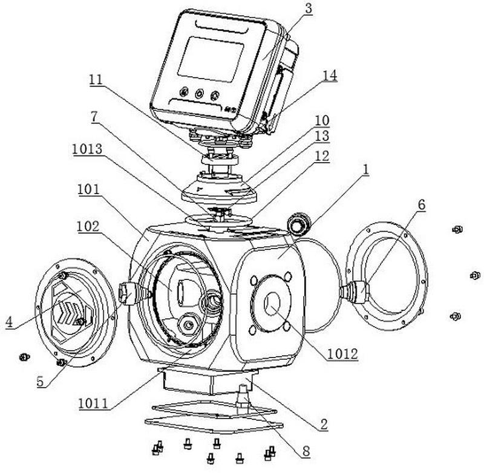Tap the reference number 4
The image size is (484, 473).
point(9,322)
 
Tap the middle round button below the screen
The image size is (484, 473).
point(198,94)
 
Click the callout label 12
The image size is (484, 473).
point(322,156)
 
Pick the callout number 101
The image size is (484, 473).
point(88,189)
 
